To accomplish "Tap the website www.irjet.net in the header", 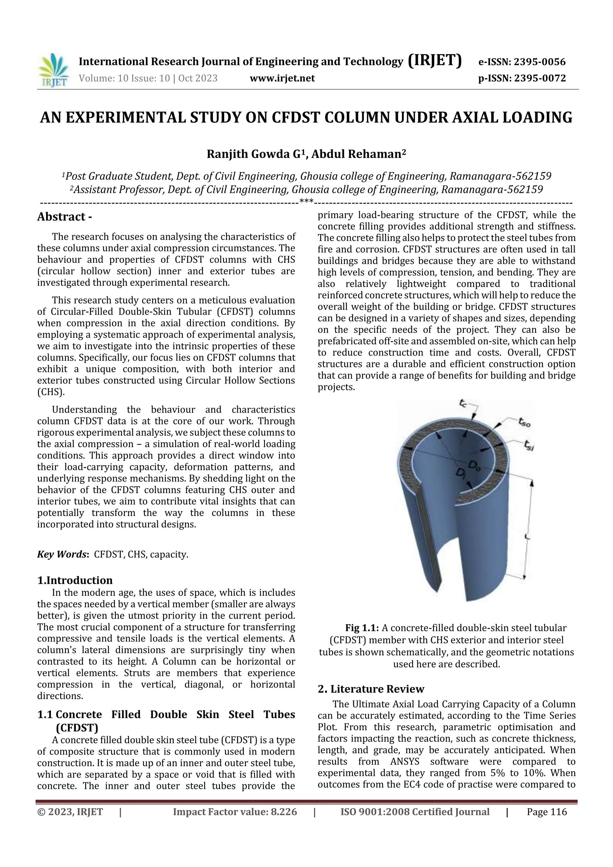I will [282, 78].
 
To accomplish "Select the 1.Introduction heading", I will [75, 580].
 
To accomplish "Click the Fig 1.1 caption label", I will [362, 628].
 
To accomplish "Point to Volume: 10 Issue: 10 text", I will [124, 78].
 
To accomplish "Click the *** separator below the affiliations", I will [306, 201].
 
